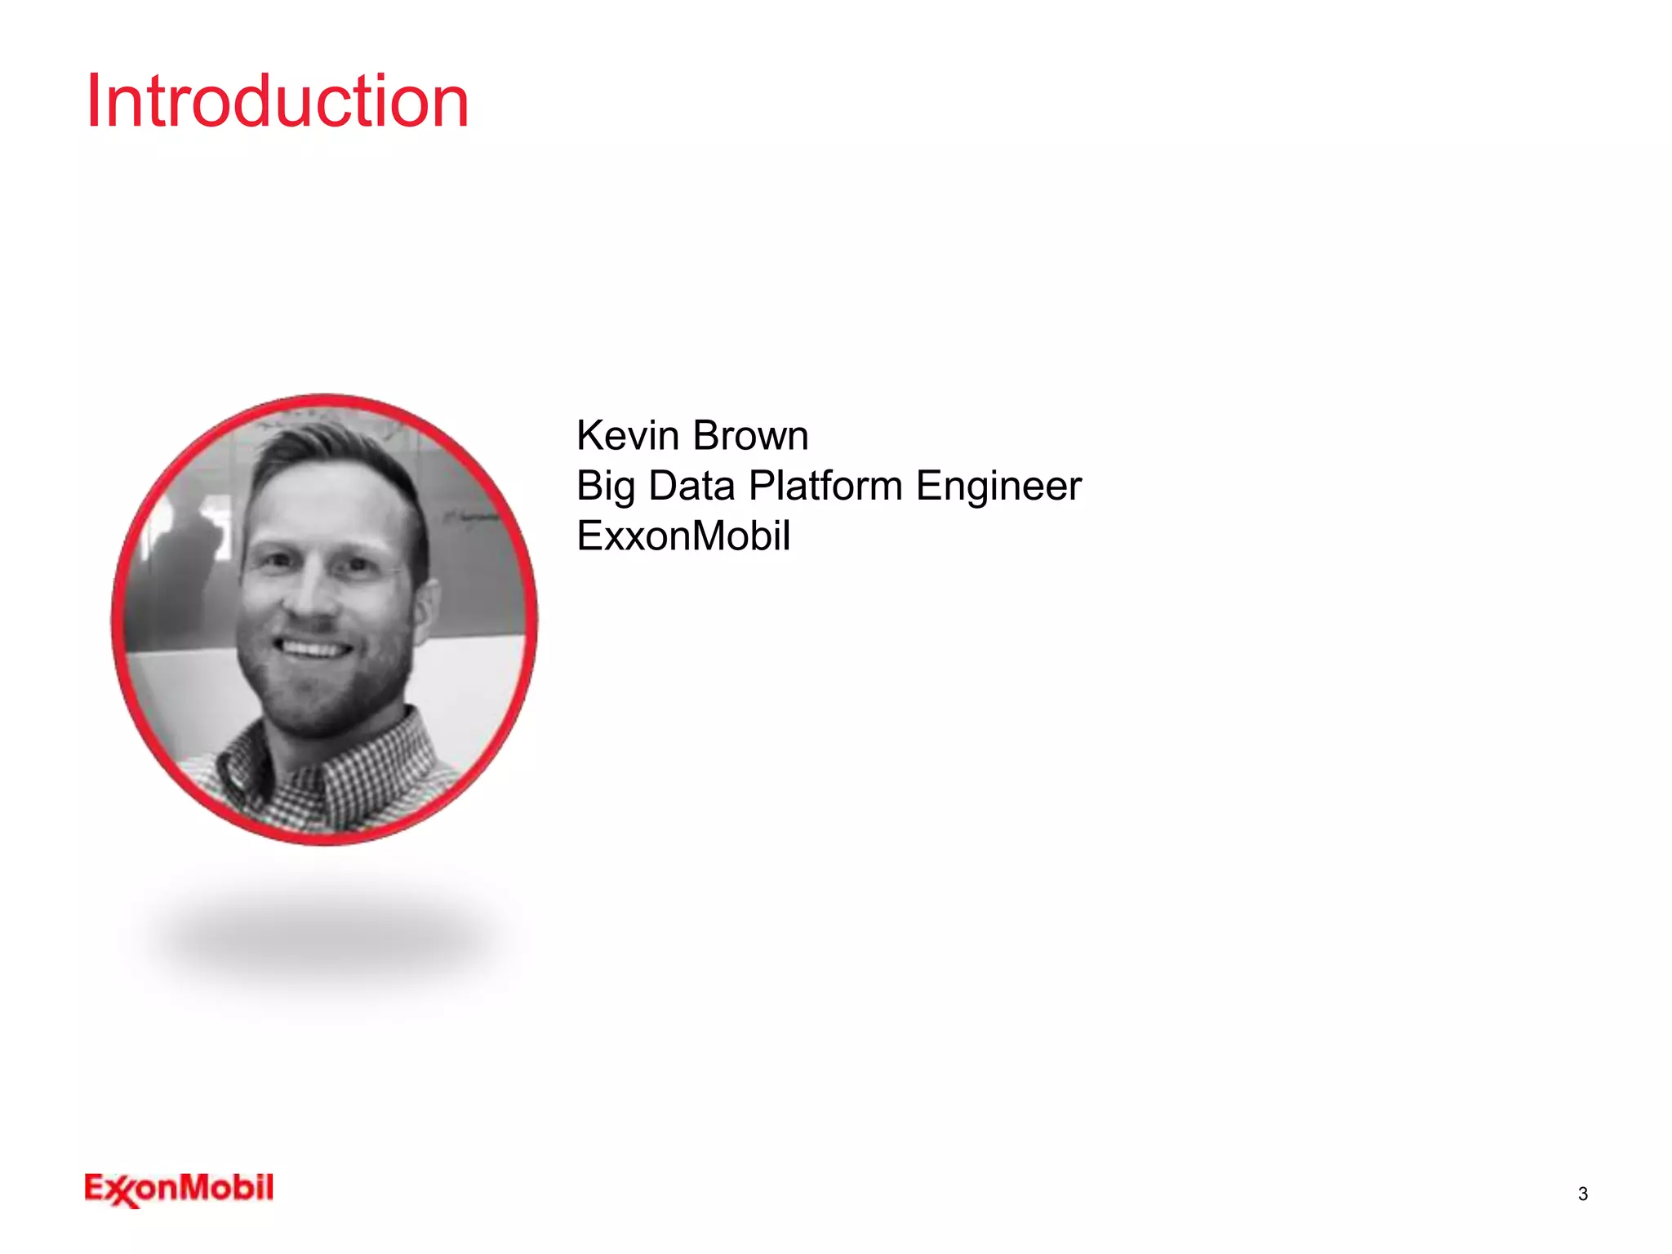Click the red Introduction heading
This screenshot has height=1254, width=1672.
[278, 101]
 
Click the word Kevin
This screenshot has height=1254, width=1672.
[627, 435]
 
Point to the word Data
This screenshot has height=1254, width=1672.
[691, 486]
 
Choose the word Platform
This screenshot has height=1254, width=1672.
[825, 486]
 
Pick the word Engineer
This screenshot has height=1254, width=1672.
[998, 487]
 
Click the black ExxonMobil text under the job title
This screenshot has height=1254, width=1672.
[683, 536]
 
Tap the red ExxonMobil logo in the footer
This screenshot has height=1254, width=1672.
[179, 1189]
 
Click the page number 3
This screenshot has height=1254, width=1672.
[1582, 1194]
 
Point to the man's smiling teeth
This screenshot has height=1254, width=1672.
[313, 650]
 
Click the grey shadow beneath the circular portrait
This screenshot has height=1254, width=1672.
[327, 939]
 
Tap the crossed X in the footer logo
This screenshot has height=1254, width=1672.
[122, 1192]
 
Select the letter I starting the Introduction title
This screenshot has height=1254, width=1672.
[93, 101]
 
